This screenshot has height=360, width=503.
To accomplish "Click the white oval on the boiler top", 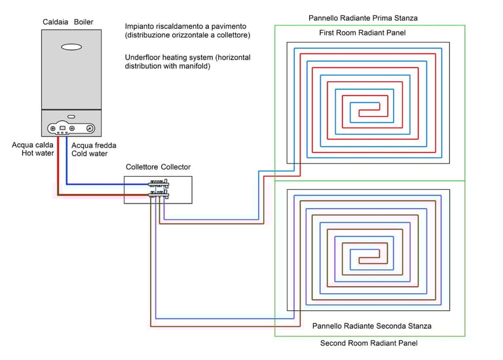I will [x=71, y=46].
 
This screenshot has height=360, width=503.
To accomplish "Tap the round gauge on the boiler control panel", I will [x=90, y=129].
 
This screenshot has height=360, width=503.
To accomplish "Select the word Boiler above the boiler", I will [x=83, y=22].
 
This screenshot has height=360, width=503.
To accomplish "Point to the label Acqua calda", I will [x=33, y=145].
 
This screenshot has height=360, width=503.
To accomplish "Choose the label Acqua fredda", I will [x=89, y=145].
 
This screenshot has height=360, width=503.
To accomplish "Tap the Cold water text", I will [x=89, y=154].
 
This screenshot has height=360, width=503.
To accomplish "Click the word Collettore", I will [x=141, y=168].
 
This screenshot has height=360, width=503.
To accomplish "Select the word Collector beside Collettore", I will [x=176, y=168].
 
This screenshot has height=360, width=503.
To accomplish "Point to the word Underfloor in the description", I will [x=145, y=58].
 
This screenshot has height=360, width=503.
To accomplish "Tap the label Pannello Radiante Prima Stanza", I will [x=362, y=18].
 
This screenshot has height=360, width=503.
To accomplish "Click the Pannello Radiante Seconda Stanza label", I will [x=371, y=325].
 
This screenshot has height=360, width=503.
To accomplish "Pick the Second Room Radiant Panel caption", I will [x=368, y=343].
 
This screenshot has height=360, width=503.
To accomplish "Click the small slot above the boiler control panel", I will [x=71, y=116].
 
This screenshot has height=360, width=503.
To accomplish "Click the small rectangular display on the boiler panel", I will [x=63, y=129].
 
